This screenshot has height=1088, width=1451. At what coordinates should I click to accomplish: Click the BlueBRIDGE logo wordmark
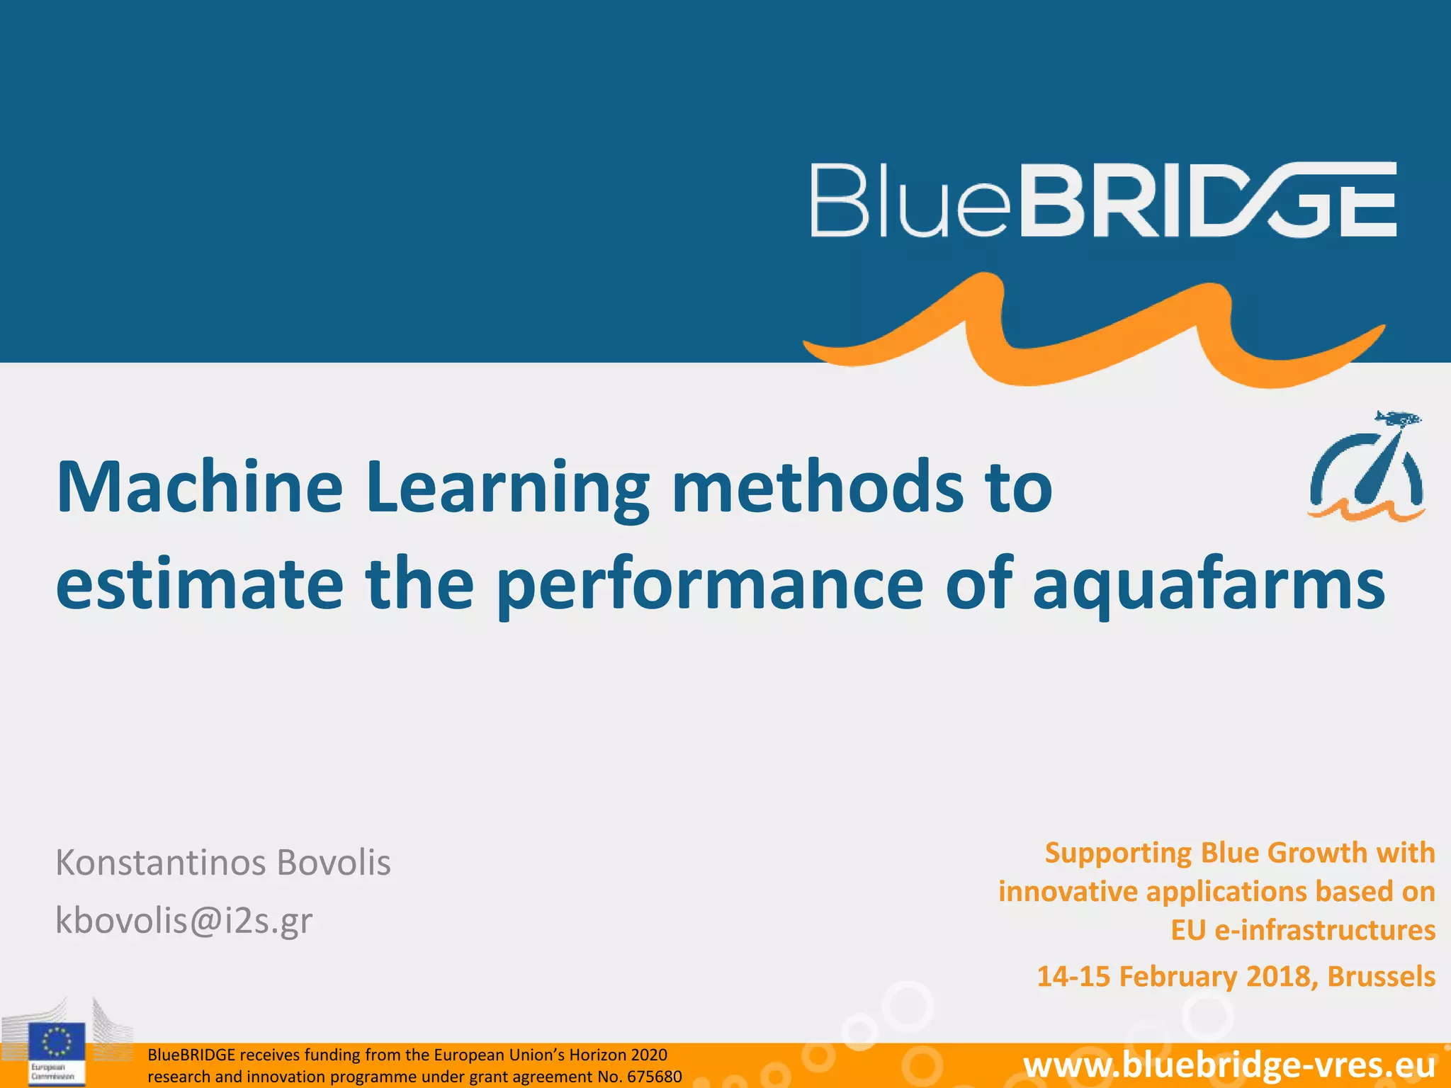[1103, 200]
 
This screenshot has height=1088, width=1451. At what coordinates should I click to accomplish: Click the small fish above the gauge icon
[1397, 419]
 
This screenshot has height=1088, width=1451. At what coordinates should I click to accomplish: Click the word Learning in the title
[507, 489]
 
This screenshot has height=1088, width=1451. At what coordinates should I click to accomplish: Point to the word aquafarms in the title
[1208, 585]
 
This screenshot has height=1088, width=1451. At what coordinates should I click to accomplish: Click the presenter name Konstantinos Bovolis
[223, 863]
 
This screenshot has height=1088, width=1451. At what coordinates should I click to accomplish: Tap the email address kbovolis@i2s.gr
[184, 920]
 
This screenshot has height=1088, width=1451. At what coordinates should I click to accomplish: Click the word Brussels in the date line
[1381, 976]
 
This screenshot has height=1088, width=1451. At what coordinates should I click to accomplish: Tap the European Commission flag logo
[57, 1043]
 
